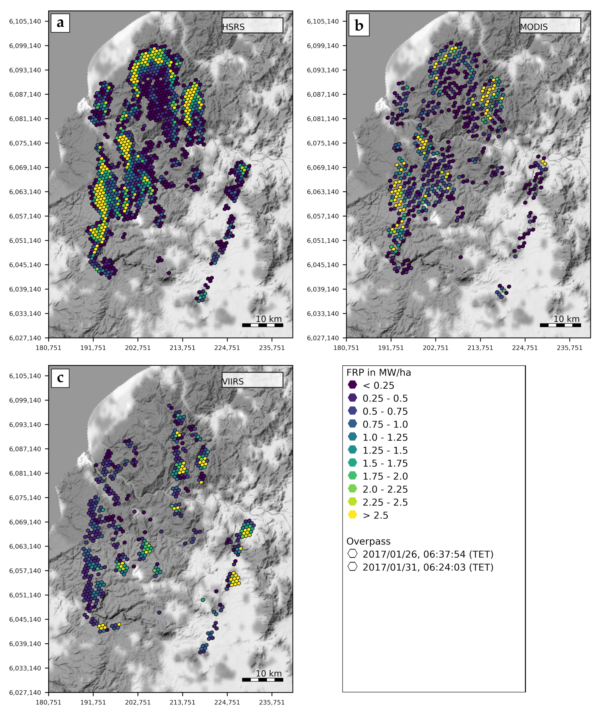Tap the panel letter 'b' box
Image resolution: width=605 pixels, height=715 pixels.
coord(359,25)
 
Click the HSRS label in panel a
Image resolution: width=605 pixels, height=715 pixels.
coord(234,27)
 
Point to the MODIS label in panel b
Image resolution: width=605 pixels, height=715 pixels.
coord(534,27)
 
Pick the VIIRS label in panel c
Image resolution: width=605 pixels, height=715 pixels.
coord(233,381)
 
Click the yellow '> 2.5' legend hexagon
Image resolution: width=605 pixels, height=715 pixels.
coord(352,515)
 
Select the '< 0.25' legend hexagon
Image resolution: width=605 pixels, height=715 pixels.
coord(352,385)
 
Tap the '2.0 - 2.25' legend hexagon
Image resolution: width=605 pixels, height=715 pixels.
coord(352,489)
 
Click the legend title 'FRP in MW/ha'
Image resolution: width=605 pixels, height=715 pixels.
coord(378,373)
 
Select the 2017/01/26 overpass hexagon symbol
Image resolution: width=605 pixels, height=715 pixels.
coord(352,554)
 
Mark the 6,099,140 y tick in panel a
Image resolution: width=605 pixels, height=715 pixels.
coord(25,46)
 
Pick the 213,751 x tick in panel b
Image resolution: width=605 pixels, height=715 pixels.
coord(480,348)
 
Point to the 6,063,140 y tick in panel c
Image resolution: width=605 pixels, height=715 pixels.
coord(25,546)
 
